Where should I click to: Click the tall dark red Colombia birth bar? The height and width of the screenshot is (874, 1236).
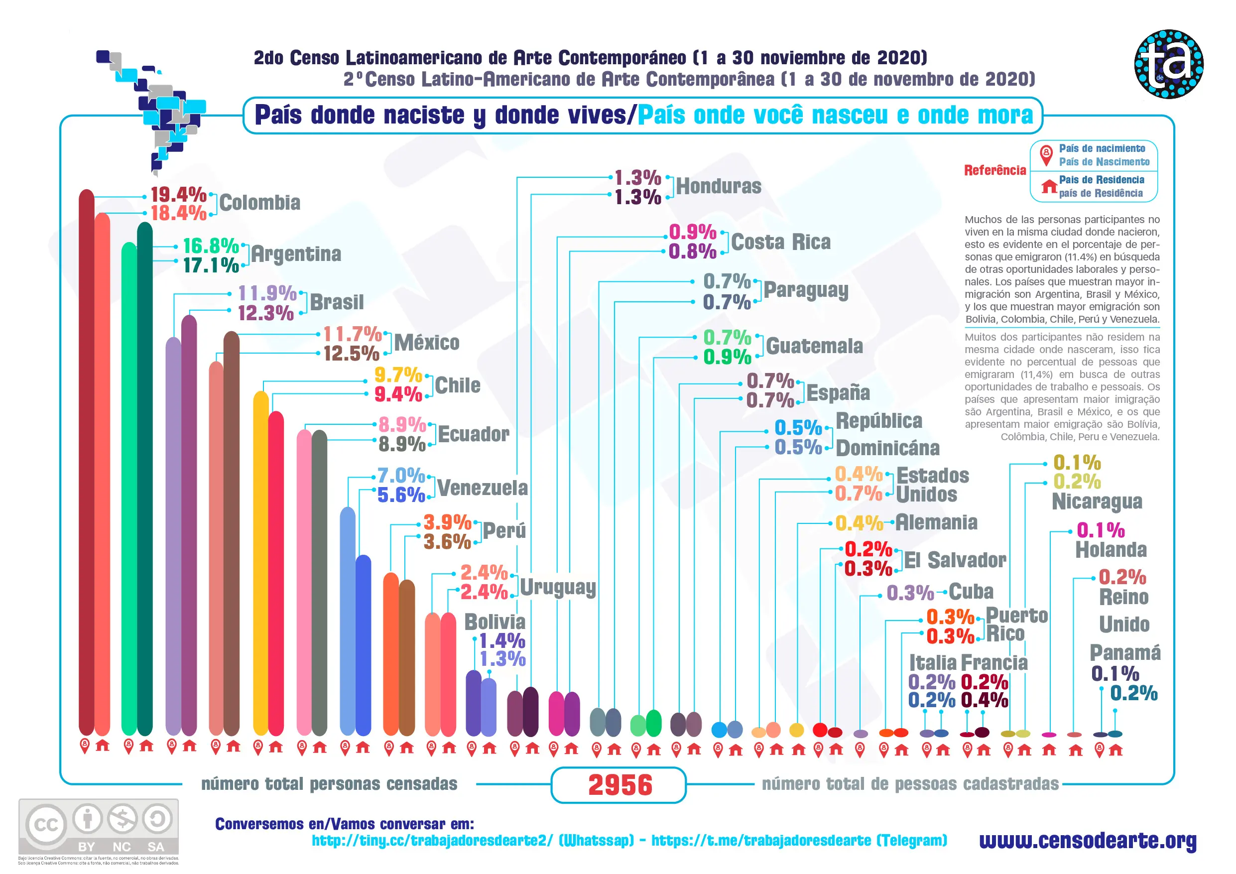pos(87,463)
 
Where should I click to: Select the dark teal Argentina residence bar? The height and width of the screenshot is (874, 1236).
pos(145,479)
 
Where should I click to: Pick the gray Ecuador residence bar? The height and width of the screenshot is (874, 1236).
pos(319,582)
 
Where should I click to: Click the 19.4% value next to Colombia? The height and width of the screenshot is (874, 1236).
pos(178,194)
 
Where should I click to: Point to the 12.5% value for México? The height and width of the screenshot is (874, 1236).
pos(352,354)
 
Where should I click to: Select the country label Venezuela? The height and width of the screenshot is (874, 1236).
pos(483,488)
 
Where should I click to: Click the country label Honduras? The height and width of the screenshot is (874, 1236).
pos(719,186)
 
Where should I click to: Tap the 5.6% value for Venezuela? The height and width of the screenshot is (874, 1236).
pos(401,495)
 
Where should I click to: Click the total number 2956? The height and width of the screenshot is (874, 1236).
pos(620,785)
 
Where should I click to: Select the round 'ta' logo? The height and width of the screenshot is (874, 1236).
pos(1169,64)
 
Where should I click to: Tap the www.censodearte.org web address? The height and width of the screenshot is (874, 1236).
pos(1088,840)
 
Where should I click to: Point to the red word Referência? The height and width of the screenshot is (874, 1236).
pos(995,171)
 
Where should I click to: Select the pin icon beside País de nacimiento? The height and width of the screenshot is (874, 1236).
pos(1045,154)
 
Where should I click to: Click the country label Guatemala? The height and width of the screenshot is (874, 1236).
pos(814,346)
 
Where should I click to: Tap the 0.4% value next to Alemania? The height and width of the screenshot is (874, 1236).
pos(859,523)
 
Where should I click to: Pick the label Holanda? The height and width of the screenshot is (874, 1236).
pos(1111,550)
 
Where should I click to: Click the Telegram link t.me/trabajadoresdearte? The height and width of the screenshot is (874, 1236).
pos(799,841)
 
